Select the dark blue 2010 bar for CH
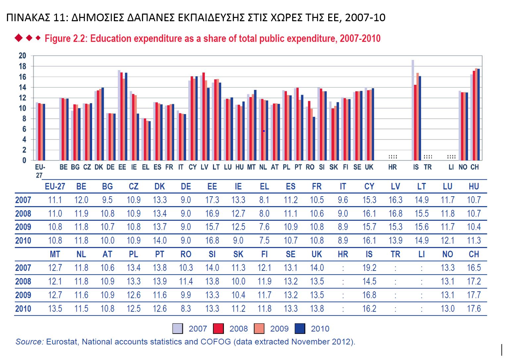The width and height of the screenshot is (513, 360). [479, 115]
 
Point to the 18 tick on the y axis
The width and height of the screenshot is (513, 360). [22, 66]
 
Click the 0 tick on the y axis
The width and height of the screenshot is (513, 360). [24, 160]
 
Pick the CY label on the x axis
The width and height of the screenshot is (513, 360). [193, 167]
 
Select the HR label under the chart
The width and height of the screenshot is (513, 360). [392, 167]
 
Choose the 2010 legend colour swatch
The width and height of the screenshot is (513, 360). [300, 329]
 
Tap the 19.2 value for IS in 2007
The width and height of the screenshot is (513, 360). [369, 268]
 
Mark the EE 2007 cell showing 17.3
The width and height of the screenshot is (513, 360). [212, 200]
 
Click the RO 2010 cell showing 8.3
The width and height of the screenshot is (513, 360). [186, 309]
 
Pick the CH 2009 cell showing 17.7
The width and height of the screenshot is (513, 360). [474, 295]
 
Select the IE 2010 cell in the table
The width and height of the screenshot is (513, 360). [238, 241]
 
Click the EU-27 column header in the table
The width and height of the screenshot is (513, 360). [55, 187]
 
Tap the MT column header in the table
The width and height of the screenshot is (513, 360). [55, 254]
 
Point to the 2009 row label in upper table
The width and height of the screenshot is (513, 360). [23, 227]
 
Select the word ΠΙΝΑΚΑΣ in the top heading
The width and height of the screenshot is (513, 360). [28, 17]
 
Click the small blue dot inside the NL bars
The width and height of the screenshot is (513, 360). [264, 131]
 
